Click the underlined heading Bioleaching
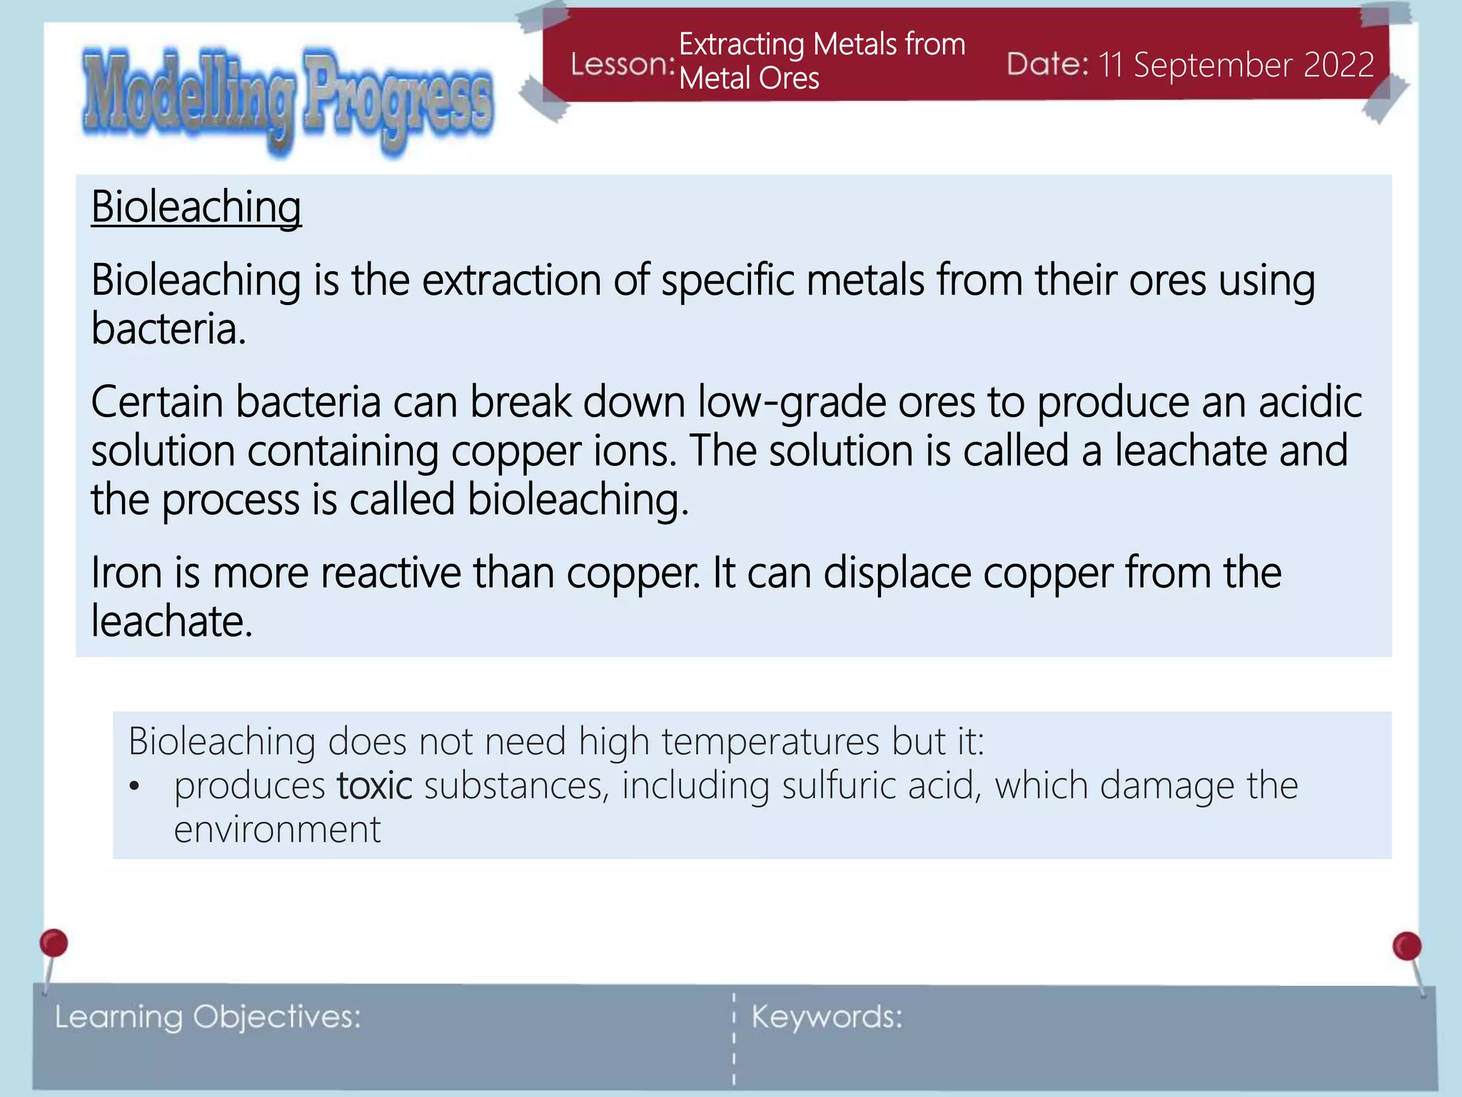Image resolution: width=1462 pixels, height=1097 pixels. pyautogui.click(x=196, y=208)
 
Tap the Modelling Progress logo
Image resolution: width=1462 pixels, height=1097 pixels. pyautogui.click(x=288, y=100)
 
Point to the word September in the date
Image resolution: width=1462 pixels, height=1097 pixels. pyautogui.click(x=1213, y=65)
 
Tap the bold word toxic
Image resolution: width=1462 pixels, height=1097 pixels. pyautogui.click(x=374, y=786)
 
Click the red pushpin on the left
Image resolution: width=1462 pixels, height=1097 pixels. pyautogui.click(x=54, y=943)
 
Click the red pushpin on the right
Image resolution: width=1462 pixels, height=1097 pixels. pyautogui.click(x=1407, y=946)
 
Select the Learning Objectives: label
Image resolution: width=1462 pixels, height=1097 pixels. pyautogui.click(x=208, y=1017)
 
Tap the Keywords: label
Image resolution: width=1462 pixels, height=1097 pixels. pyautogui.click(x=827, y=1017)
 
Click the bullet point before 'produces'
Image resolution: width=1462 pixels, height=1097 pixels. pyautogui.click(x=134, y=787)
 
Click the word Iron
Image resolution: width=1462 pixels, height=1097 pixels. pyautogui.click(x=127, y=573)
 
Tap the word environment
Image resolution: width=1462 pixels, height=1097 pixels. pyautogui.click(x=277, y=830)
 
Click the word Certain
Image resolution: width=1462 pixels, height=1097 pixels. pyautogui.click(x=157, y=402)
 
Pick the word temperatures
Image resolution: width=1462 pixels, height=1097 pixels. pyautogui.click(x=770, y=741)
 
